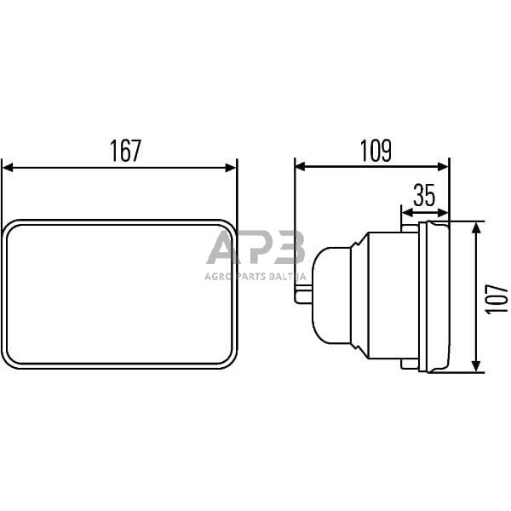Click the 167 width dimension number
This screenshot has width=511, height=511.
[x=126, y=151]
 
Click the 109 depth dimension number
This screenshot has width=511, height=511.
[x=376, y=151]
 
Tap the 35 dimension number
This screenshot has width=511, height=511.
[x=424, y=195]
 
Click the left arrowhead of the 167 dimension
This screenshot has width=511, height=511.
[x=8, y=168]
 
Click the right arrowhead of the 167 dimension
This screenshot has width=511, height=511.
[x=231, y=168]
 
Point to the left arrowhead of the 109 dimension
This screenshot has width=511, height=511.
[x=300, y=167]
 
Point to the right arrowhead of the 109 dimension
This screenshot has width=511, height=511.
[x=443, y=167]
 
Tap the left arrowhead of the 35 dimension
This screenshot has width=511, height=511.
[x=408, y=213]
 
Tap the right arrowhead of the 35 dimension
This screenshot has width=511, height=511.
[x=443, y=213]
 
